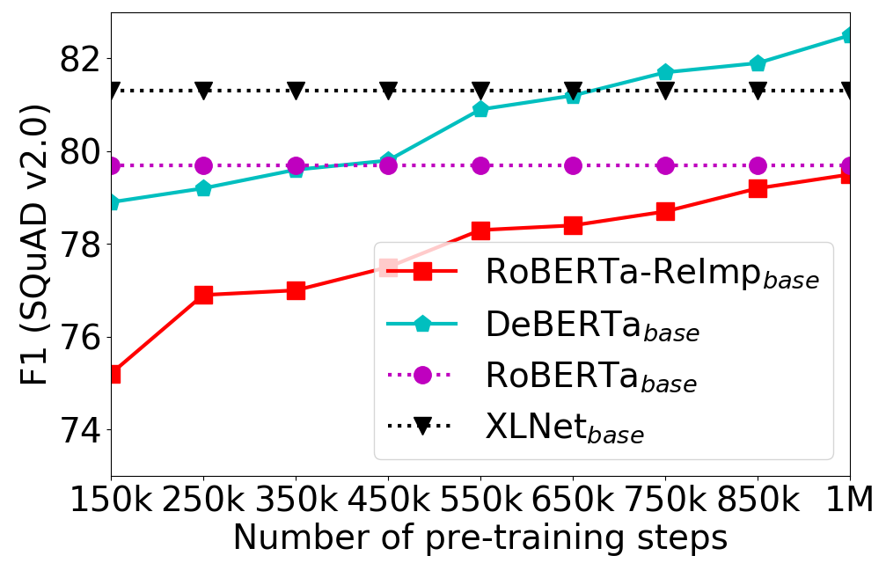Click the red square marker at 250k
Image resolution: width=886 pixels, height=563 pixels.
pyautogui.click(x=203, y=295)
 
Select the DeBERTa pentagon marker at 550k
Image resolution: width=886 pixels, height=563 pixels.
pyautogui.click(x=480, y=109)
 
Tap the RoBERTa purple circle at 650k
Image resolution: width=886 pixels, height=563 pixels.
pyautogui.click(x=573, y=165)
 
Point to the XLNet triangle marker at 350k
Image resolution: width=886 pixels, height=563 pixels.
pyautogui.click(x=296, y=91)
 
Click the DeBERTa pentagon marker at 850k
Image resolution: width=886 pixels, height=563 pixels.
pyautogui.click(x=758, y=63)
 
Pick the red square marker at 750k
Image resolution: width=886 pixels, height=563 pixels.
pyautogui.click(x=665, y=212)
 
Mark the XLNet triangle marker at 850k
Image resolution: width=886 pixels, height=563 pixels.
pyautogui.click(x=758, y=91)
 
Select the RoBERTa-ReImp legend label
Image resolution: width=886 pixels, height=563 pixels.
pyautogui.click(x=651, y=274)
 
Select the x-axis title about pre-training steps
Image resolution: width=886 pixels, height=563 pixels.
pyautogui.click(x=480, y=537)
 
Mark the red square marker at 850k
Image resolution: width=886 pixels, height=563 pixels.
pyautogui.click(x=758, y=188)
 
